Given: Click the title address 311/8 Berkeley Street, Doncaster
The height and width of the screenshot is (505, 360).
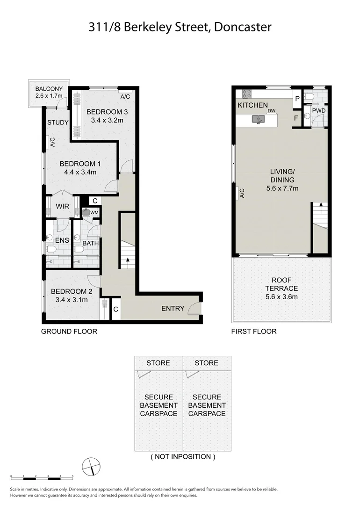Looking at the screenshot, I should point(180,28).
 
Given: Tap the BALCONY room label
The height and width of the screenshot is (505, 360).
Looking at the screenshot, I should point(49,88).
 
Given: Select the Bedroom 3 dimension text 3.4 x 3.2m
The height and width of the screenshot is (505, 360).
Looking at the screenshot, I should point(107,120).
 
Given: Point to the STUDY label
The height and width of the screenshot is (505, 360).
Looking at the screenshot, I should point(58,123).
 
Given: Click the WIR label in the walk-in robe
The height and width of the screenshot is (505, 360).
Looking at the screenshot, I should point(63,206).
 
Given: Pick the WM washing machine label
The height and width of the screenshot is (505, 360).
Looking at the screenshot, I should point(95,213).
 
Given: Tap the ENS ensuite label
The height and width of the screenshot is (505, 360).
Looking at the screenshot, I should point(62,241).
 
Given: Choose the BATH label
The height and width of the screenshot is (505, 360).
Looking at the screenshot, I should point(91,244).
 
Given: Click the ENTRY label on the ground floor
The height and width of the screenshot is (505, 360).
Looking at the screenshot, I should point(173,309).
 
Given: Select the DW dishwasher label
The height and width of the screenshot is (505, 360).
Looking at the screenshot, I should point(272,111).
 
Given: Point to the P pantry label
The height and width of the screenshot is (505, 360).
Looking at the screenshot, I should point(297,99).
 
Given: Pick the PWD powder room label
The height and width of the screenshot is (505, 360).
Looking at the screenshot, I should point(319,111).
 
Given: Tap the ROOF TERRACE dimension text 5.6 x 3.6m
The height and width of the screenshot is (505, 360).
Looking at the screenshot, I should point(281,297).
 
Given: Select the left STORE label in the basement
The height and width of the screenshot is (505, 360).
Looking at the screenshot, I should point(158,363).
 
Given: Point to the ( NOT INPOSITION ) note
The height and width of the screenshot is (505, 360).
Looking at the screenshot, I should point(183,456).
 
